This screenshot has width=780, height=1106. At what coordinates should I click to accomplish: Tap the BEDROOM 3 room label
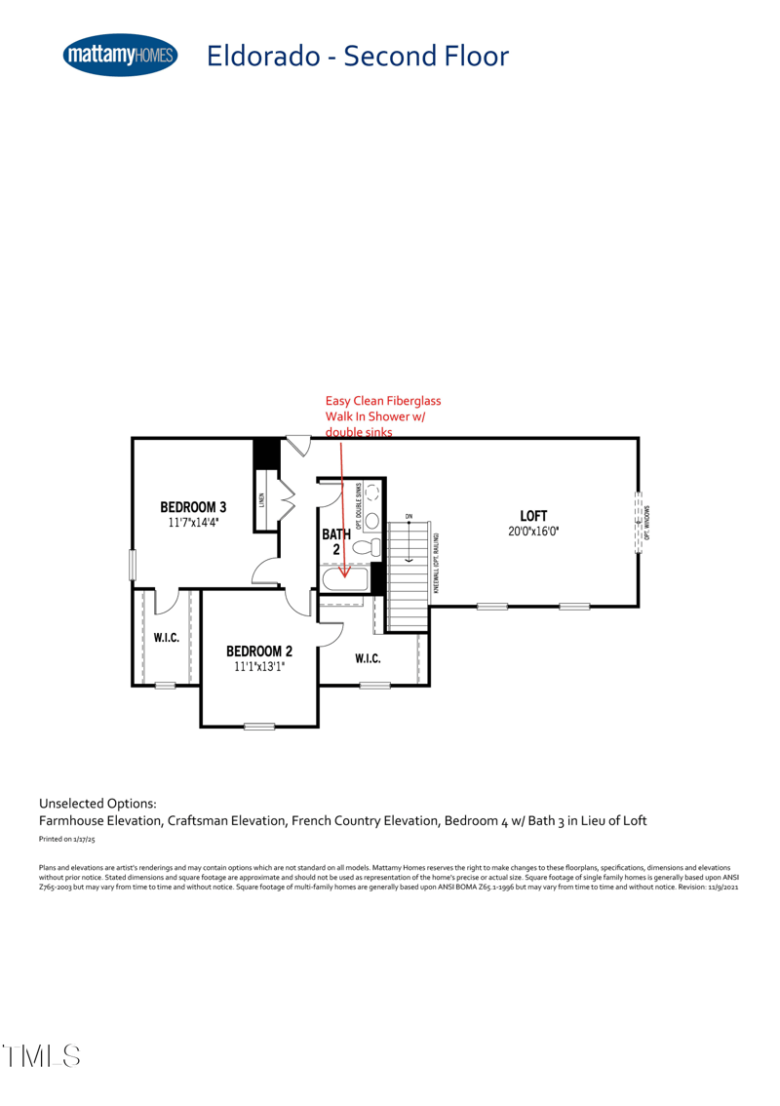(193, 507)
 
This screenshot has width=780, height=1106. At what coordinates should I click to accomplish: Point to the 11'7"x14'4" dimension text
(193, 523)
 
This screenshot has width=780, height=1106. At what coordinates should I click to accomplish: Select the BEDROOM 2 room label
(259, 652)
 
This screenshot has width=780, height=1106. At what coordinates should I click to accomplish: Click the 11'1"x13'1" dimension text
(259, 667)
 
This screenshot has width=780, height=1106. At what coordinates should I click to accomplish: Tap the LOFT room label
(533, 515)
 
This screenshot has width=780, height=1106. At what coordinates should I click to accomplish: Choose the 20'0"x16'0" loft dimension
(533, 531)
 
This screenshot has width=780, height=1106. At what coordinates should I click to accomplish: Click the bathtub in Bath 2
(345, 579)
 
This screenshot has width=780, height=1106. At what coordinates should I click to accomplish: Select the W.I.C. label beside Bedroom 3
(167, 638)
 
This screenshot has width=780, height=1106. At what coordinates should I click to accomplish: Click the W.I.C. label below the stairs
(368, 659)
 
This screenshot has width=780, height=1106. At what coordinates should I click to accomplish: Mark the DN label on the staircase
(409, 515)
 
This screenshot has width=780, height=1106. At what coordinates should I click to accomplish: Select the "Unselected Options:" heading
(97, 804)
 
